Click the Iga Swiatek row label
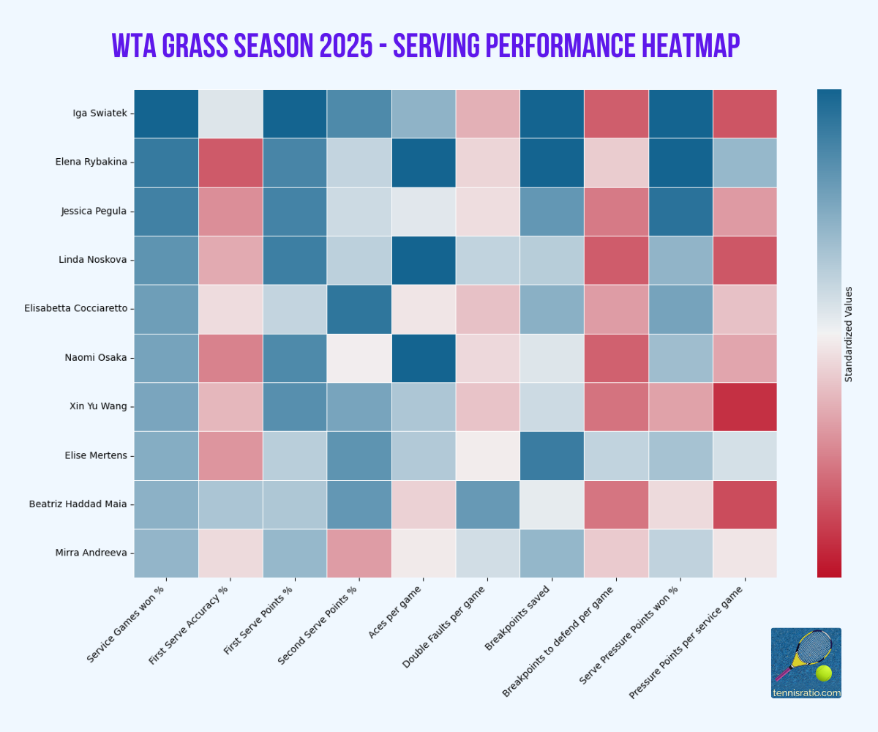tap(100, 113)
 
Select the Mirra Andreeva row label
tap(91, 553)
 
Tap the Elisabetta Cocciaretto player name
tap(75, 308)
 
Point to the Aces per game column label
tap(395, 612)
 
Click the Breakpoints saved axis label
tap(517, 618)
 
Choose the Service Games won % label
tap(125, 624)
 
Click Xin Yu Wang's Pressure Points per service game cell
tap(745, 407)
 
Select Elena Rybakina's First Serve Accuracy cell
tap(230, 163)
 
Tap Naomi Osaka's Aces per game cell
tap(424, 358)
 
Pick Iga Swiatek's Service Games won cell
tap(166, 113)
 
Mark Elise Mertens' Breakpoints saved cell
tap(552, 455)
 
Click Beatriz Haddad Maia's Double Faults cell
tap(488, 504)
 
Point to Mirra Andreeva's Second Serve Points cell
tap(359, 553)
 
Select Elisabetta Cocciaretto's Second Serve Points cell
tap(359, 309)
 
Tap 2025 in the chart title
tap(345, 46)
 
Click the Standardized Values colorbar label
tap(849, 335)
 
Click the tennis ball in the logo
tap(823, 673)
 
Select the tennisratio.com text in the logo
tap(806, 693)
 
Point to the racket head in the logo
tap(814, 647)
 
